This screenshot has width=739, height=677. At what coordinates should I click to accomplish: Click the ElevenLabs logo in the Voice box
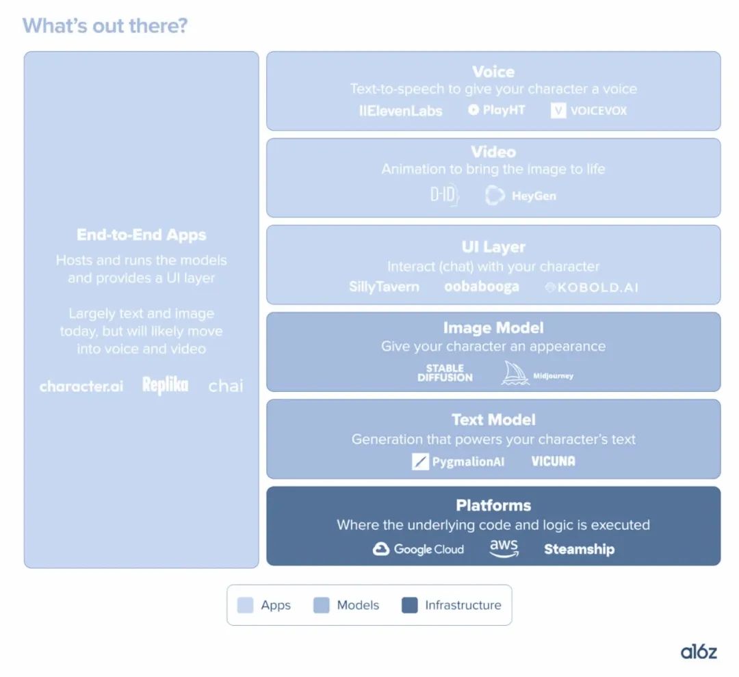pyautogui.click(x=400, y=111)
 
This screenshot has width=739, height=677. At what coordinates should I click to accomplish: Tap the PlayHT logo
pyautogui.click(x=496, y=110)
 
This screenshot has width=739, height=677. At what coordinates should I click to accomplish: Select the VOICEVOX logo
pyautogui.click(x=588, y=111)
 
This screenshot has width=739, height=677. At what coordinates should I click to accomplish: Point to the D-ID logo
pyautogui.click(x=445, y=195)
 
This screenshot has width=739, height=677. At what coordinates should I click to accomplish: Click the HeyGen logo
pyautogui.click(x=520, y=196)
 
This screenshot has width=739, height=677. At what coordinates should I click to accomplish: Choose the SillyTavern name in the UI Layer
pyautogui.click(x=384, y=287)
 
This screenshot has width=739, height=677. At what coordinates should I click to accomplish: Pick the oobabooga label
pyautogui.click(x=482, y=287)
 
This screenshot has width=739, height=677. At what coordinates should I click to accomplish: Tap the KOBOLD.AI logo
pyautogui.click(x=591, y=287)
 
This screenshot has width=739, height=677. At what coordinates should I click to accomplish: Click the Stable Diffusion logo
pyautogui.click(x=445, y=373)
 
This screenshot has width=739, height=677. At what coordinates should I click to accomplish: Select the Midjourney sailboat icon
pyautogui.click(x=515, y=373)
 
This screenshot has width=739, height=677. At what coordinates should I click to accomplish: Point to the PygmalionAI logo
pyautogui.click(x=458, y=461)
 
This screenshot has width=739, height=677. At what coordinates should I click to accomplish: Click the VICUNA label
pyautogui.click(x=554, y=461)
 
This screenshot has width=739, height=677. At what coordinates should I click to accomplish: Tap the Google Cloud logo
pyautogui.click(x=418, y=549)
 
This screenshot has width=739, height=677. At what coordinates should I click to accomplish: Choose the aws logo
pyautogui.click(x=504, y=548)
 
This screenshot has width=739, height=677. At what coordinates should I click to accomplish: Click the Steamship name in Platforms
pyautogui.click(x=580, y=549)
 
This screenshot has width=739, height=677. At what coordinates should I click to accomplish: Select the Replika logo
pyautogui.click(x=166, y=385)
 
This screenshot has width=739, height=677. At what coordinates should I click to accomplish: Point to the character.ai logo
pyautogui.click(x=81, y=386)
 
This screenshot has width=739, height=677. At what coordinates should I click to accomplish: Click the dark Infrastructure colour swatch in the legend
pyautogui.click(x=410, y=605)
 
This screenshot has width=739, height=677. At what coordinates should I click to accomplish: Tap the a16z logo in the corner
pyautogui.click(x=699, y=652)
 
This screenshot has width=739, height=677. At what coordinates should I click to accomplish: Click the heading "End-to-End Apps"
pyautogui.click(x=142, y=235)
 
